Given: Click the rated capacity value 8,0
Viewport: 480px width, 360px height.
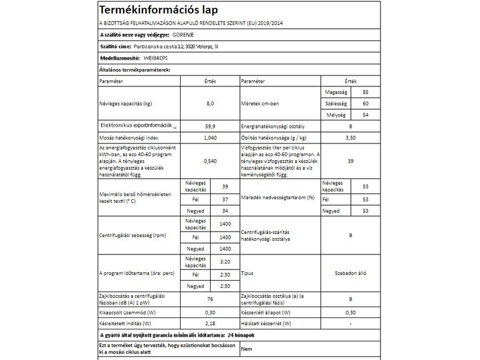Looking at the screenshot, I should pyautogui.click(x=209, y=103).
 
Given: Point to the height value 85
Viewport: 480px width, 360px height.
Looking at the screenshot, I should pyautogui.click(x=366, y=92).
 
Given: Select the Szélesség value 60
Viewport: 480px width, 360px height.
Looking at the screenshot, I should pyautogui.click(x=366, y=103).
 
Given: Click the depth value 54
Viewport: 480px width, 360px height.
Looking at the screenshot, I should pyautogui.click(x=366, y=115).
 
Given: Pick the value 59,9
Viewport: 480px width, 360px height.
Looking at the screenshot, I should pyautogui.click(x=209, y=127).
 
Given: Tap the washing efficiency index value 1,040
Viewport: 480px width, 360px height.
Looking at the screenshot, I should pyautogui.click(x=209, y=137).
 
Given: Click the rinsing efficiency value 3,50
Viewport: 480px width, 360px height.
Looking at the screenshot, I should pyautogui.click(x=350, y=137).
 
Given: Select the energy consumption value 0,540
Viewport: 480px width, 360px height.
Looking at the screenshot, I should pyautogui.click(x=209, y=161).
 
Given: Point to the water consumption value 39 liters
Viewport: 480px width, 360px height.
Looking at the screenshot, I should pyautogui.click(x=350, y=161).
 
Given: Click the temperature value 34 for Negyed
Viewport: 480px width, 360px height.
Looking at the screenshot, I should pyautogui.click(x=225, y=211).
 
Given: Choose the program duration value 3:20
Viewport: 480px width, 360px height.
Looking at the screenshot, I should pyautogui.click(x=225, y=262).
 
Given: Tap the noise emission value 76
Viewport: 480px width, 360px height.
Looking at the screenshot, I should pyautogui.click(x=209, y=299).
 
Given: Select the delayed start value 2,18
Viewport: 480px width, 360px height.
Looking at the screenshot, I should pyautogui.click(x=209, y=323).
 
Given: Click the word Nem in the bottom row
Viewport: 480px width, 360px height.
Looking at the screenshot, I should pyautogui.click(x=246, y=348).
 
